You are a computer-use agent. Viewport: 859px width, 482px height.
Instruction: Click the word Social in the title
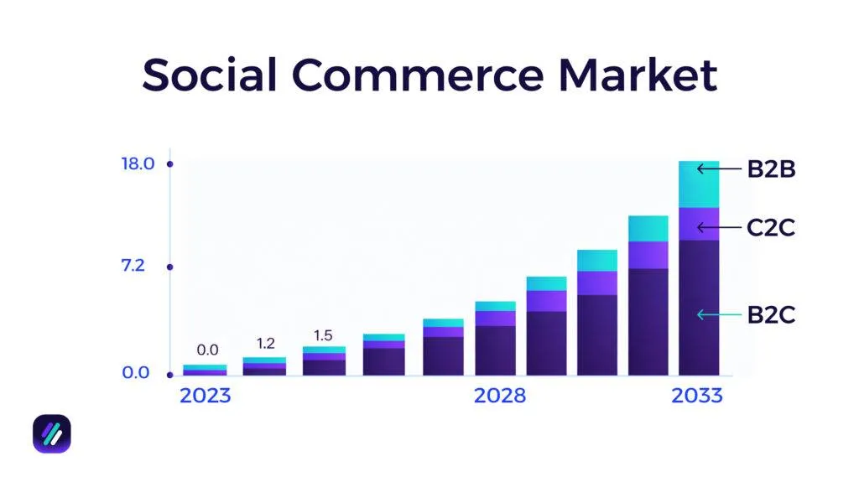(x=210, y=75)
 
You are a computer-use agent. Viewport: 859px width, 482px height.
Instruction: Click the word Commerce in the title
(x=417, y=75)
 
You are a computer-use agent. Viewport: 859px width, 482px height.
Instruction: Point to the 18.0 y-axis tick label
(x=138, y=163)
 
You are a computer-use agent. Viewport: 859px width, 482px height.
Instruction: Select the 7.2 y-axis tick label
(x=133, y=267)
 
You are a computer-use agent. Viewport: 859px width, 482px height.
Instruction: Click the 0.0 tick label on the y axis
(x=136, y=373)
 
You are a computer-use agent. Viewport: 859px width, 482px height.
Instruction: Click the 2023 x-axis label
(x=205, y=396)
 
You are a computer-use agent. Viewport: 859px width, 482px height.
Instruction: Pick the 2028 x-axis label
(x=499, y=396)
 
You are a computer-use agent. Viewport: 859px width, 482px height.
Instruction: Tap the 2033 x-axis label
(x=696, y=396)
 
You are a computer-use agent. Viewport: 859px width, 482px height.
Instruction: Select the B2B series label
(x=770, y=170)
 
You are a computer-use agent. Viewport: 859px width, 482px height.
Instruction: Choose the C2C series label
(x=770, y=227)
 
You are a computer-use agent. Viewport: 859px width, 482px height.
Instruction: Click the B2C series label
(x=770, y=315)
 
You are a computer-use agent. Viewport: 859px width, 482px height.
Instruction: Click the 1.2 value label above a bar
(x=265, y=343)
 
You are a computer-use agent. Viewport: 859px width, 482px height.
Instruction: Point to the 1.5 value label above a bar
(x=323, y=335)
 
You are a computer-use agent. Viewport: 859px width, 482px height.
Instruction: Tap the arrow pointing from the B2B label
(x=719, y=169)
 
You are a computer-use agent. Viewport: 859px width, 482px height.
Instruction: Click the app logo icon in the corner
(x=52, y=433)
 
